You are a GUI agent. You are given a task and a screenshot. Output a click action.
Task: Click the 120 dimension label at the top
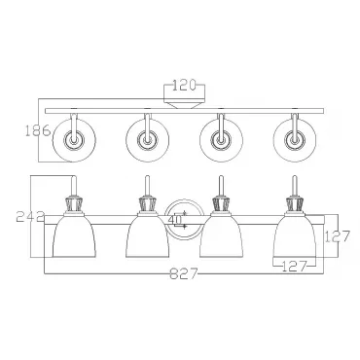[184, 85]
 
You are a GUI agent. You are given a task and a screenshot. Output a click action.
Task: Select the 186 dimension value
[38, 130]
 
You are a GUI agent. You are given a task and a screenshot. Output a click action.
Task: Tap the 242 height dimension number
[30, 216]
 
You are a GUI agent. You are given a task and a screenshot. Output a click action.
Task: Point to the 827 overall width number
[183, 274]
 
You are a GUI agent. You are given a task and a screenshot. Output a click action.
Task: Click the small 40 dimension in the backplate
[175, 219]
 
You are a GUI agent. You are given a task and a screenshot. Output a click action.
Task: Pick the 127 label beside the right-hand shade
[338, 236]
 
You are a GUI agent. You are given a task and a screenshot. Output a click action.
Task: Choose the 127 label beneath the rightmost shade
[294, 267]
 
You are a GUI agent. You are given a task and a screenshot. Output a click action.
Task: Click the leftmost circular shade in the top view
[74, 140]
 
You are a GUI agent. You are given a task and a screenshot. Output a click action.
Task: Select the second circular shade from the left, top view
[148, 140]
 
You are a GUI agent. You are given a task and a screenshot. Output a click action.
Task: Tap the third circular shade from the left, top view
[221, 140]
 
